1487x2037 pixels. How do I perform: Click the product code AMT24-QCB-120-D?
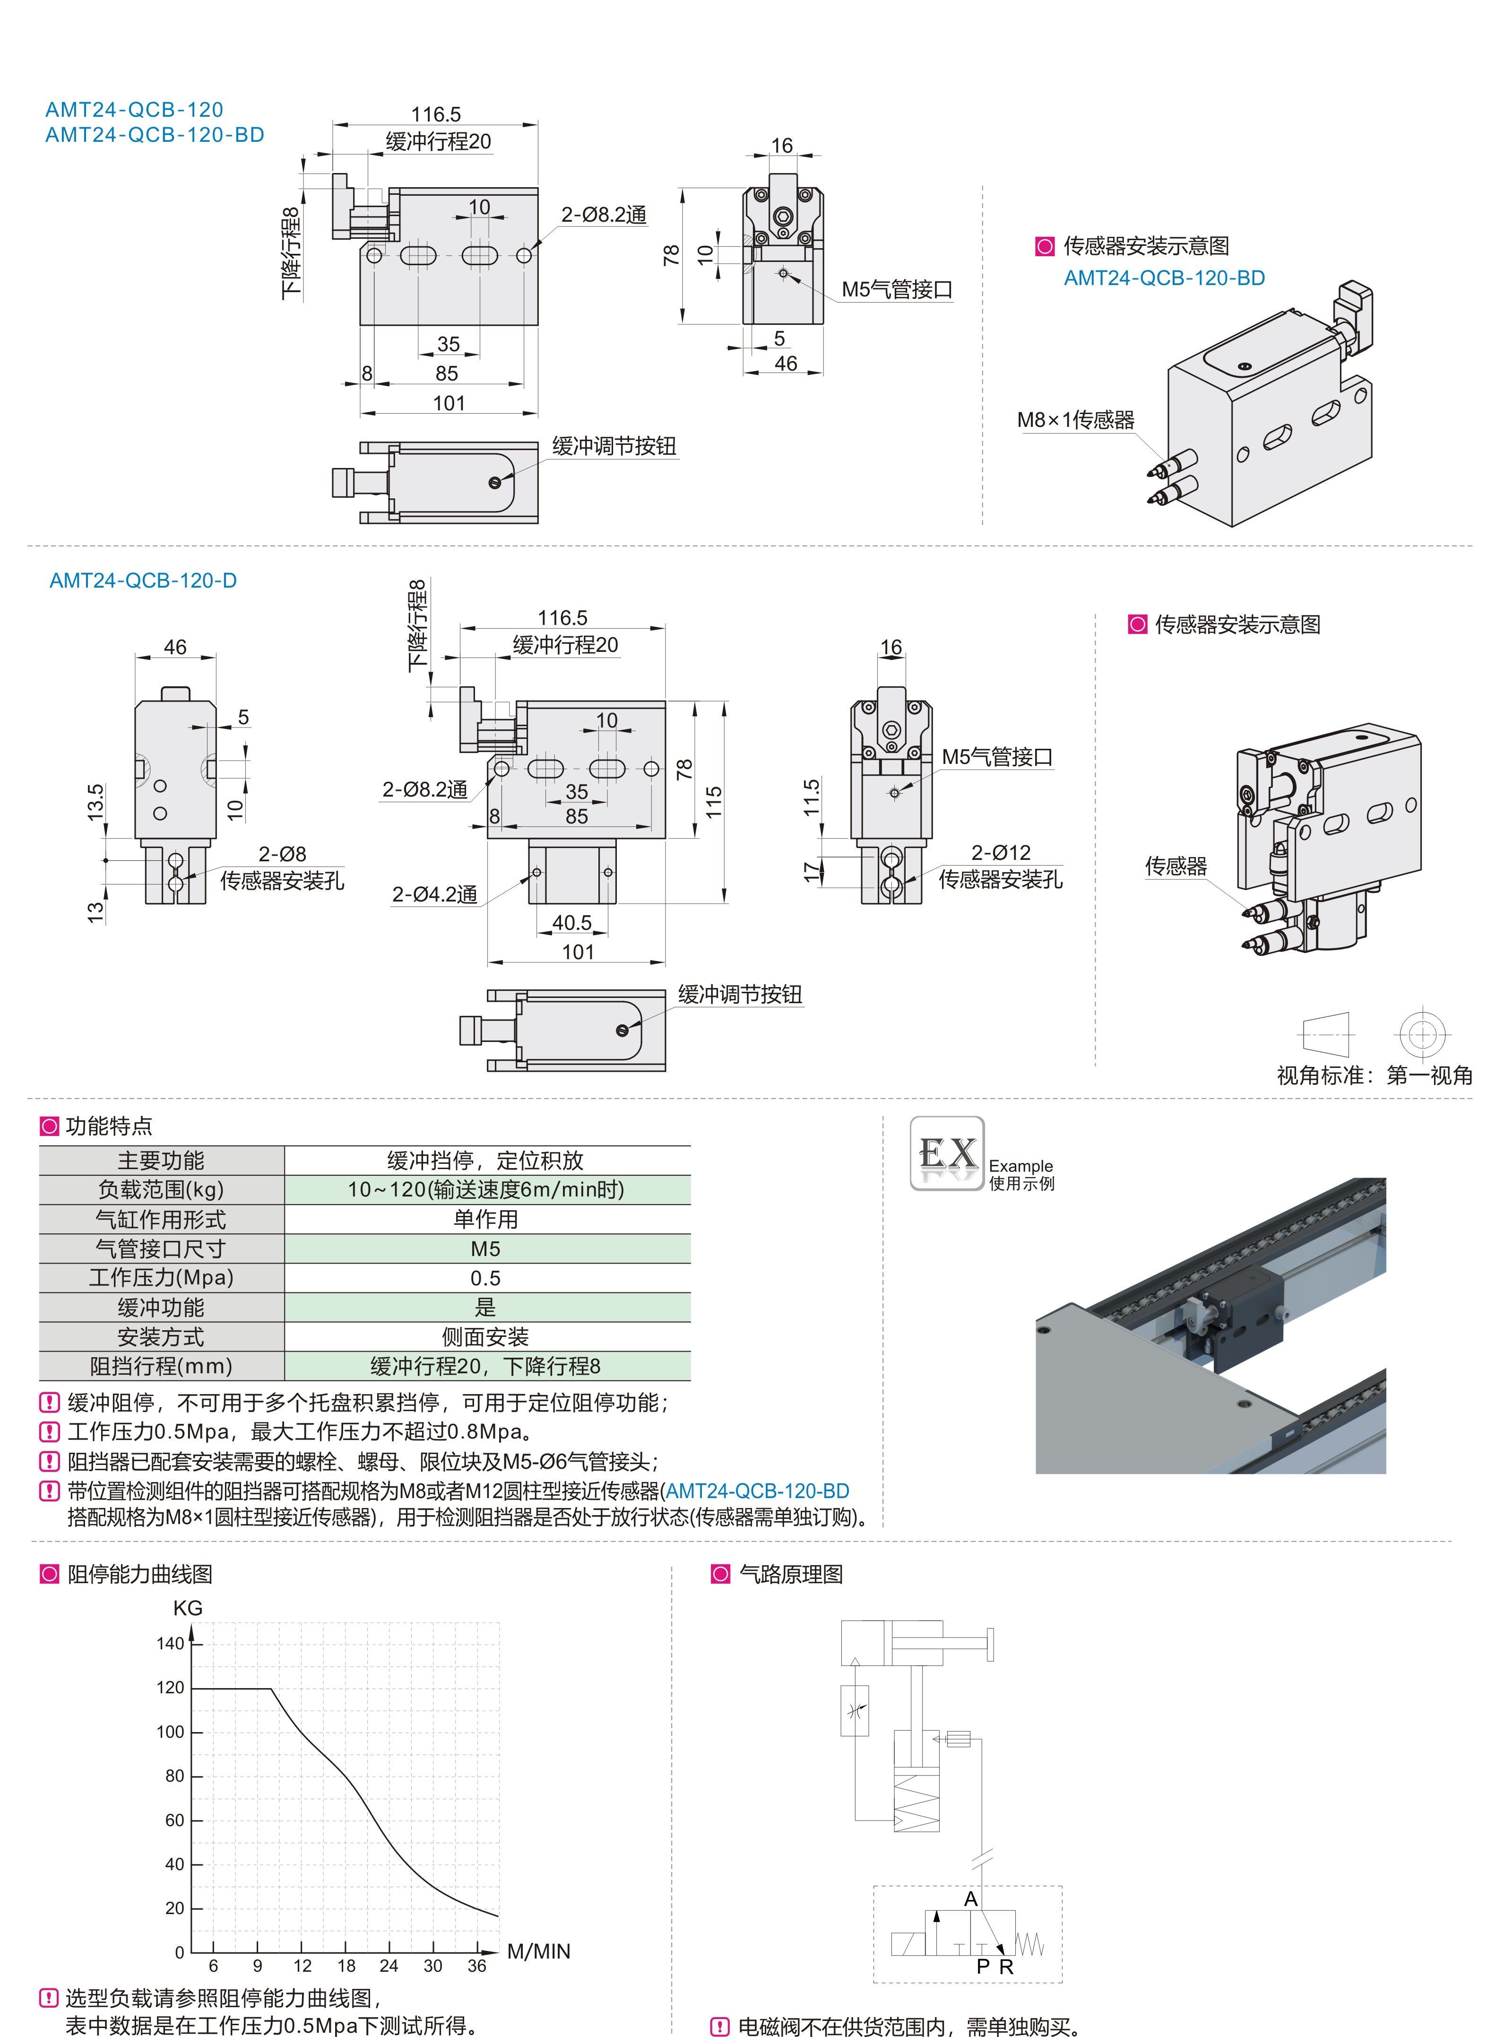[x=143, y=581]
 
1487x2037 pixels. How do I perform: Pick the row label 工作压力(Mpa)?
[x=161, y=1277]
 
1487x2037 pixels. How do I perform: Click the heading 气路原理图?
[x=790, y=1574]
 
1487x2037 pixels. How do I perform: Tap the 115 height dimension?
[x=714, y=801]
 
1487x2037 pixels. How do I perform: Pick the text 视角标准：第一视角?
[x=1374, y=1075]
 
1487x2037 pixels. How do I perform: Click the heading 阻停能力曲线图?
[x=139, y=1574]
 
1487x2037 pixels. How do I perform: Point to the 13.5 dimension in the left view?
[x=95, y=802]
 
